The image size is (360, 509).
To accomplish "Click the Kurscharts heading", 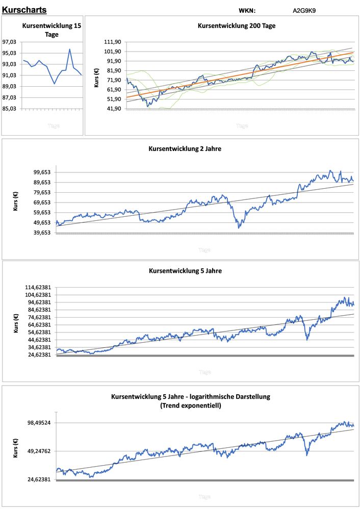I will pyautogui.click(x=24, y=10).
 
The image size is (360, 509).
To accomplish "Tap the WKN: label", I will pyautogui.click(x=247, y=10).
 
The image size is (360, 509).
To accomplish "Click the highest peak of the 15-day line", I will pyautogui.click(x=70, y=49).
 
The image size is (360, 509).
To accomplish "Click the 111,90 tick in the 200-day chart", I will pyautogui.click(x=112, y=42).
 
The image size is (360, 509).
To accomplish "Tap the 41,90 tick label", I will pyautogui.click(x=112, y=109).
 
